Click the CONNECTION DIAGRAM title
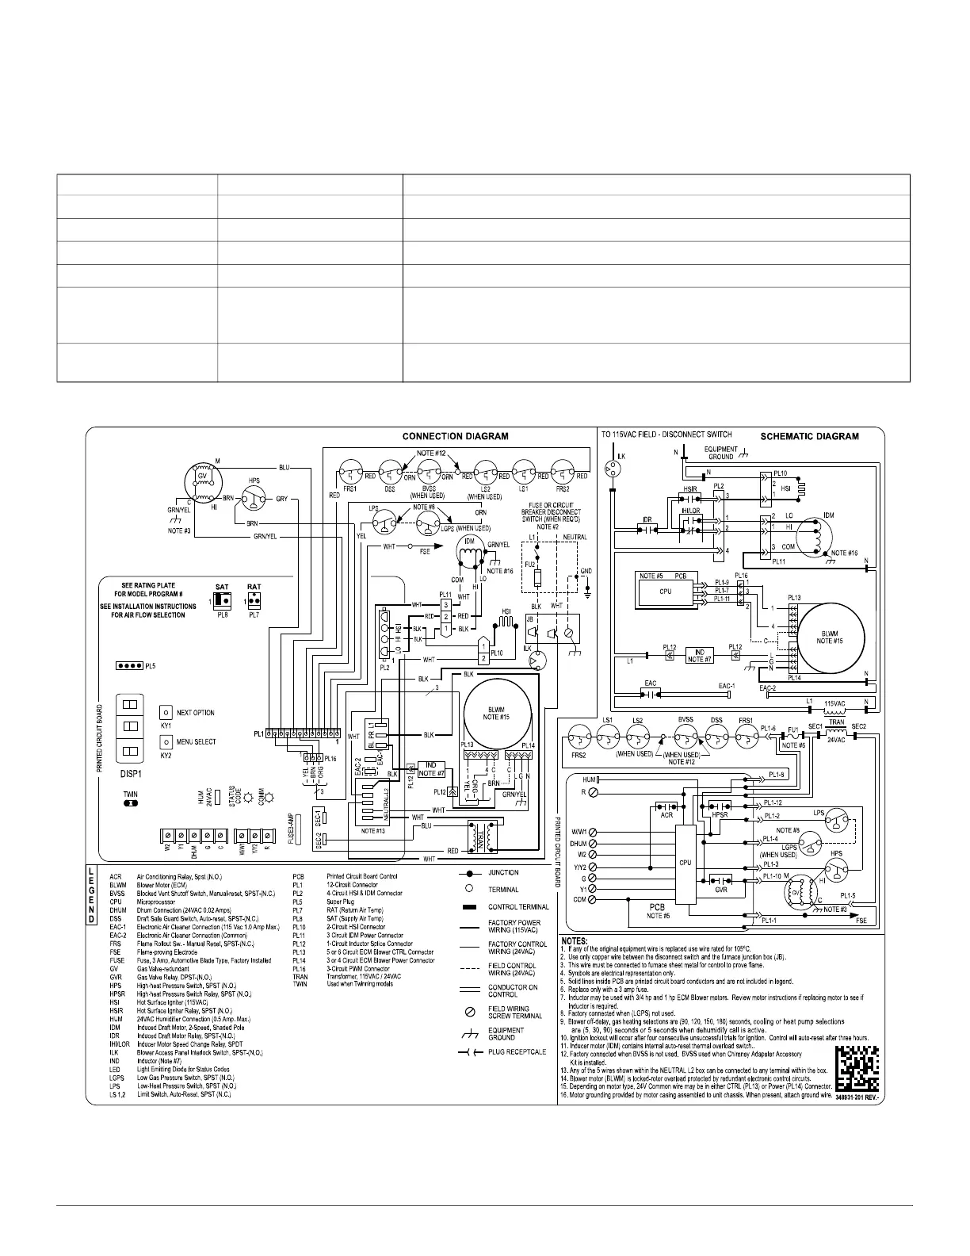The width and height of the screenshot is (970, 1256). (455, 436)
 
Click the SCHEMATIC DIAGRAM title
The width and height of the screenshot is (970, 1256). (809, 436)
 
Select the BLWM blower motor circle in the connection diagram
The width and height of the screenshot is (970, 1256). (498, 710)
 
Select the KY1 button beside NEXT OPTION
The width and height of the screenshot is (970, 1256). (166, 712)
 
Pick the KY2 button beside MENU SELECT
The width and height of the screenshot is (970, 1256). (166, 741)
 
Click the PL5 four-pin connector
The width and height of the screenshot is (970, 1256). (130, 666)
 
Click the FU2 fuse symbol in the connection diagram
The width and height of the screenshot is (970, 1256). (540, 576)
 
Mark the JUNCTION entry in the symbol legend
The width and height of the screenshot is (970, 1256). (499, 872)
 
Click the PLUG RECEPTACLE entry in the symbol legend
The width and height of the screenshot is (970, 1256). (499, 1051)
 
